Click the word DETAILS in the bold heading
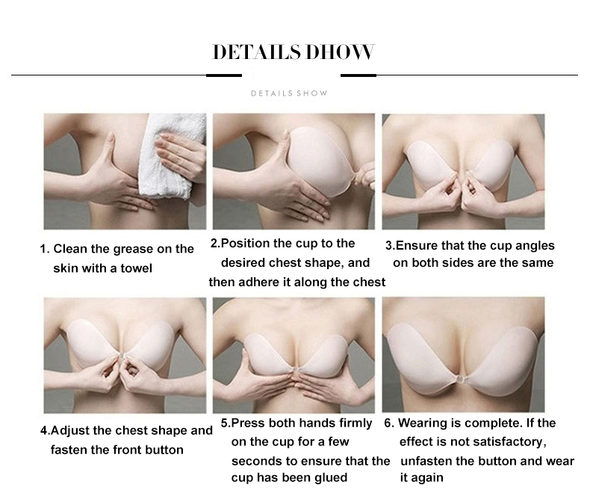[x=256, y=52]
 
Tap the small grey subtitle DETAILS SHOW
[x=289, y=93]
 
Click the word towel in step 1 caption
[x=136, y=268]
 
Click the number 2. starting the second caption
[x=214, y=244]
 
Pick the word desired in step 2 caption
[x=240, y=262]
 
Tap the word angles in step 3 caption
[x=532, y=245]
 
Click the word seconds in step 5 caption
[x=253, y=460]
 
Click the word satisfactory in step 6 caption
[x=515, y=442]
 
